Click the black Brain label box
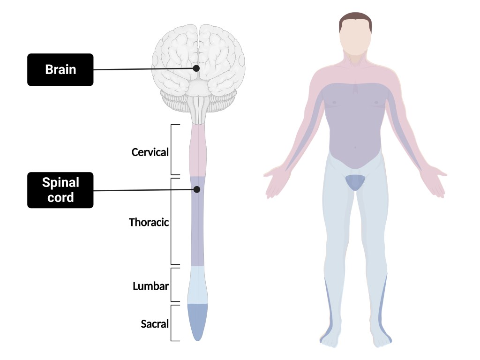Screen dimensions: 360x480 click(x=60, y=70)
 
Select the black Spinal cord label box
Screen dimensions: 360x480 click(x=60, y=190)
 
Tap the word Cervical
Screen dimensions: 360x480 click(x=150, y=152)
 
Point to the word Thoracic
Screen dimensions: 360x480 click(x=149, y=222)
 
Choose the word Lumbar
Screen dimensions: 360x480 click(x=150, y=285)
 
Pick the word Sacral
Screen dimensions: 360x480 click(x=155, y=323)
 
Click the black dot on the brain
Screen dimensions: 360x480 click(x=196, y=68)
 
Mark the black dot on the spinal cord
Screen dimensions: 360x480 click(x=197, y=189)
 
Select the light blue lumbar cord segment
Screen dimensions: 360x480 click(x=197, y=285)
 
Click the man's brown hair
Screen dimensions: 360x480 click(x=355, y=20)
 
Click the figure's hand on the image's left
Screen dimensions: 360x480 click(x=276, y=183)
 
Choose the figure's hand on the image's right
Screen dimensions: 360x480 click(x=434, y=182)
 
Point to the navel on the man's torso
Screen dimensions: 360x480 click(x=355, y=148)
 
